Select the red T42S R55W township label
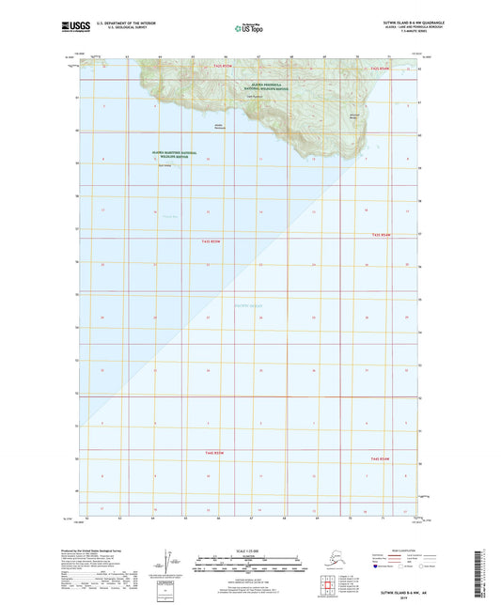[x=222, y=68]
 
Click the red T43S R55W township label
[x=211, y=242]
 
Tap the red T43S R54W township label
[x=380, y=235]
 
